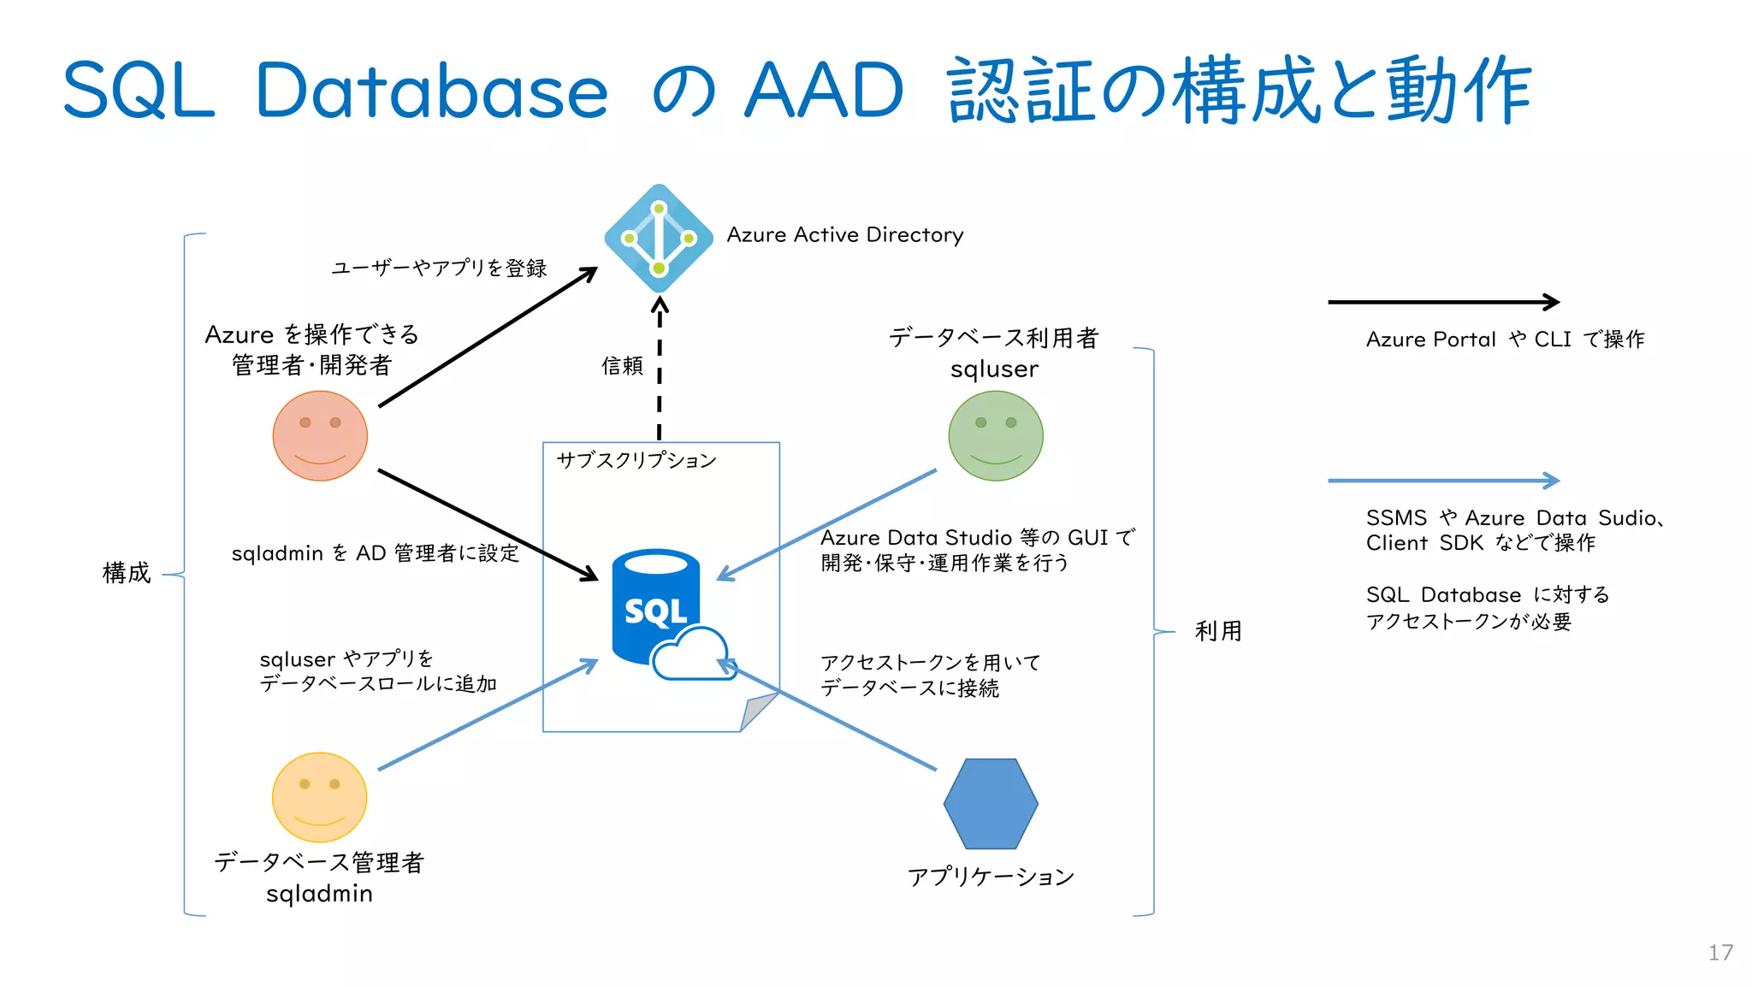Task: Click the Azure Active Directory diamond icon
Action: point(659,239)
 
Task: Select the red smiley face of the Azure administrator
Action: point(320,436)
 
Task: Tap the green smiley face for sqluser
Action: point(996,436)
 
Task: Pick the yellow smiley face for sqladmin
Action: point(319,797)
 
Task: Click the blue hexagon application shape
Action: point(991,804)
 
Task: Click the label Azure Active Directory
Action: point(844,235)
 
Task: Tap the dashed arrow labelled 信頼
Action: point(659,368)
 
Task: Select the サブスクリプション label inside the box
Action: point(636,460)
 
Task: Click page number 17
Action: point(1720,953)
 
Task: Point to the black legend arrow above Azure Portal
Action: point(1443,302)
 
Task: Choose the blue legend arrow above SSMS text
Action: point(1443,481)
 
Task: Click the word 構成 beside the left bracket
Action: point(127,573)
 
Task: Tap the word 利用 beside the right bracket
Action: point(1218,631)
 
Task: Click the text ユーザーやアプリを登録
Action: point(439,269)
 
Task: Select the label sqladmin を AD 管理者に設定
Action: point(376,553)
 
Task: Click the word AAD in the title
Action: point(823,91)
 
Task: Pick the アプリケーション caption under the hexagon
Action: point(991,877)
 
